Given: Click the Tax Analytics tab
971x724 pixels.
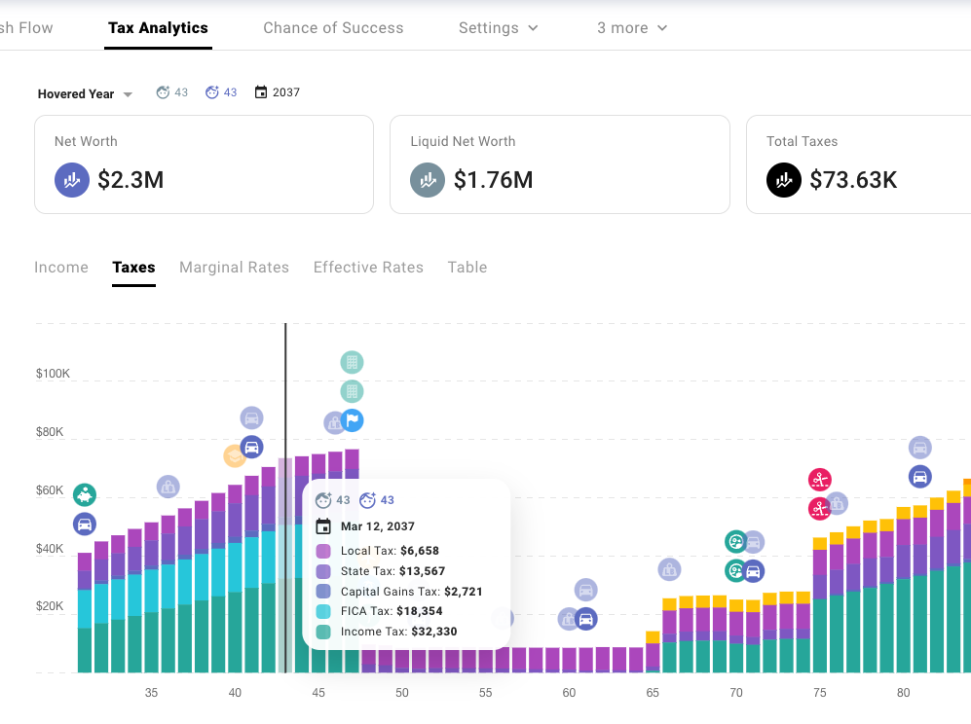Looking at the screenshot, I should pyautogui.click(x=158, y=28).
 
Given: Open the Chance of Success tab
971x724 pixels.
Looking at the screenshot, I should pyautogui.click(x=333, y=28).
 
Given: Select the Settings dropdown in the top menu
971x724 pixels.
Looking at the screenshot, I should pyautogui.click(x=498, y=28).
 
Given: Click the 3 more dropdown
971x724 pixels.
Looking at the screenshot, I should pyautogui.click(x=632, y=28).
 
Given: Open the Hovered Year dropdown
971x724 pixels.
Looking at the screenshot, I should pyautogui.click(x=85, y=94).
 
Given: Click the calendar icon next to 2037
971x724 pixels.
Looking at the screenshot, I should pyautogui.click(x=260, y=92).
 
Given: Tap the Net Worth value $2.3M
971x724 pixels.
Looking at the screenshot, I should pyautogui.click(x=131, y=180).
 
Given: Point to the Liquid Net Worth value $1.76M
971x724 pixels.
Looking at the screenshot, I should pyautogui.click(x=493, y=180).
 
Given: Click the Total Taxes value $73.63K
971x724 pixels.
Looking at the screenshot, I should pyautogui.click(x=852, y=180).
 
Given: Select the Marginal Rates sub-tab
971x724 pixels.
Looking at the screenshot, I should pyautogui.click(x=234, y=268).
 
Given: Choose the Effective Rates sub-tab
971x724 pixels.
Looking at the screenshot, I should pyautogui.click(x=368, y=268).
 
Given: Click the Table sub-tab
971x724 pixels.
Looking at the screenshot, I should pyautogui.click(x=467, y=268).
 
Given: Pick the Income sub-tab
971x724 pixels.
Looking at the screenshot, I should pyautogui.click(x=61, y=268).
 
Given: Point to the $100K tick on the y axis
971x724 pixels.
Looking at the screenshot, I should pyautogui.click(x=53, y=374).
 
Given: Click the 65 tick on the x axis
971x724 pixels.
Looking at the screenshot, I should pyautogui.click(x=653, y=693).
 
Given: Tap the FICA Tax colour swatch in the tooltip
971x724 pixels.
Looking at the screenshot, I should pyautogui.click(x=323, y=611).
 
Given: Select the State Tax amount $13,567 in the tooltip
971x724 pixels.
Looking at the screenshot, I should pyautogui.click(x=423, y=571).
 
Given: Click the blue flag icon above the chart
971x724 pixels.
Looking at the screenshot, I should pyautogui.click(x=353, y=420).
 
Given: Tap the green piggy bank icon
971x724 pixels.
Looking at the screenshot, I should pyautogui.click(x=85, y=495).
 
